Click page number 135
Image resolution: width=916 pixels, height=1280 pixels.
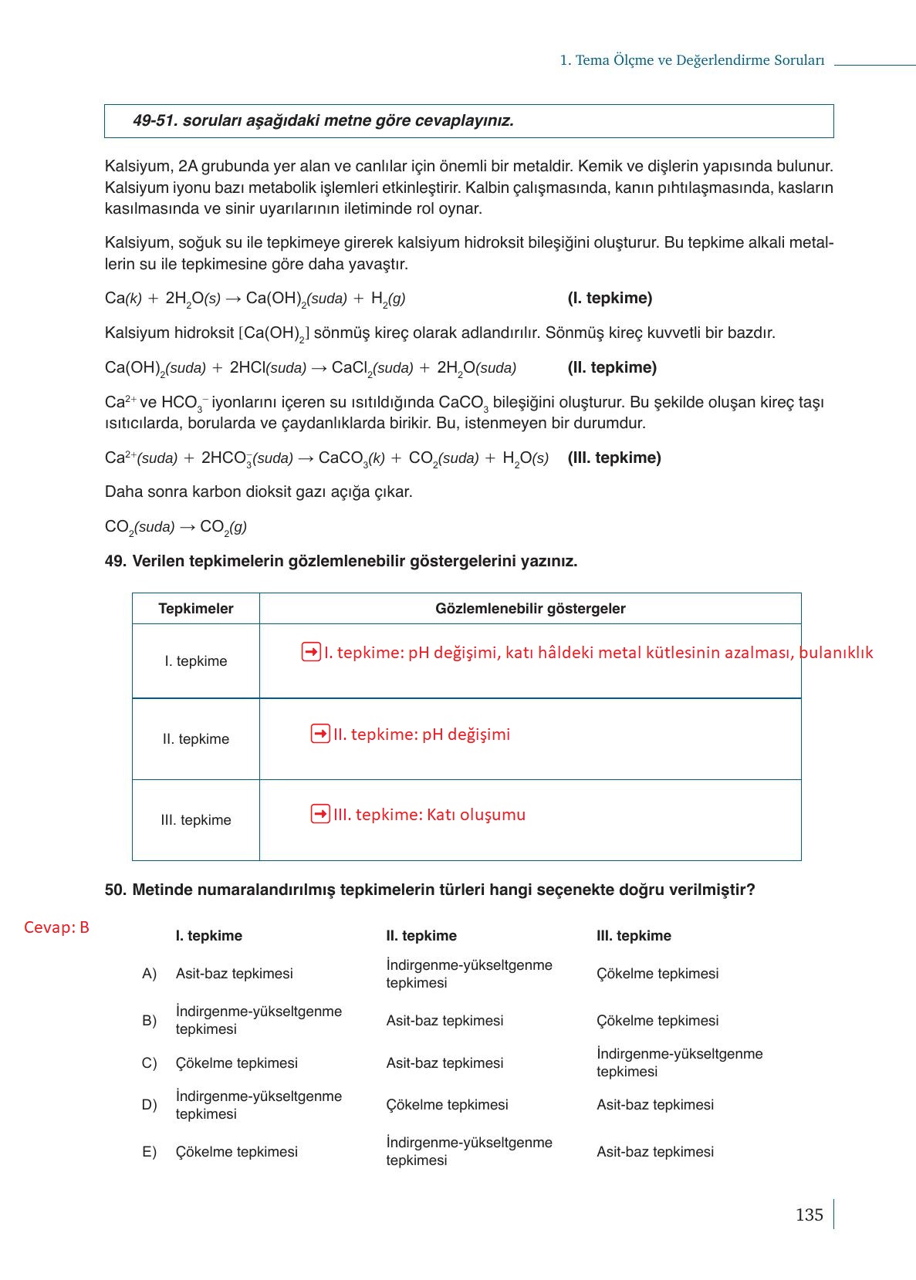coord(809,1215)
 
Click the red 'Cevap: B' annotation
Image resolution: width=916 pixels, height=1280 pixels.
coord(56,927)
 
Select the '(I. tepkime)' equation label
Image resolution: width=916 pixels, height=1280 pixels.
coord(610,298)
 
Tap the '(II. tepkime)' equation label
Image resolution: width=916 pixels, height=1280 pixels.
coord(612,367)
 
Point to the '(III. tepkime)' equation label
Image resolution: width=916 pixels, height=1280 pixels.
coord(614,458)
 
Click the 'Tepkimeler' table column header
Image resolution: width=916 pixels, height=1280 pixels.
coord(196,609)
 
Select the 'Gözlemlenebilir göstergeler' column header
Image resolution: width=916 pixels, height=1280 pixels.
coord(530,609)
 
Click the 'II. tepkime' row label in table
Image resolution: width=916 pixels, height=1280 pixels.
coord(196,739)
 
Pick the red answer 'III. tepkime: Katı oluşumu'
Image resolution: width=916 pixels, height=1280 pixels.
coord(429,815)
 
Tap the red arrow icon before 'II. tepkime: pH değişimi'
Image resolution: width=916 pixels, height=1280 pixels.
coord(320,734)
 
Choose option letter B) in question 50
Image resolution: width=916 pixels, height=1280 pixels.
coord(149,1021)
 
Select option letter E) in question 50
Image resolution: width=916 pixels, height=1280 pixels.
coord(149,1152)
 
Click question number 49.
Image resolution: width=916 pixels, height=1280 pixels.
coord(115,562)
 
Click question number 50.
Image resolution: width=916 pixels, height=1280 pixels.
coord(115,890)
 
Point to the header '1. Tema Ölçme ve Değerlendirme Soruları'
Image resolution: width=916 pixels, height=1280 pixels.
coord(692,60)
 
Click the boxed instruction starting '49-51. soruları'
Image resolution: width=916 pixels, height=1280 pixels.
coord(323,121)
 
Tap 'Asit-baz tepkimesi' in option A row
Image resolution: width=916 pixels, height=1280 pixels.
coord(235,974)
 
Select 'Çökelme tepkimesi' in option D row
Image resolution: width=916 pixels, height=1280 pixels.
coord(447,1105)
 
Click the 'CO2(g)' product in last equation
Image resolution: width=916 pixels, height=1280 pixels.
coord(223,528)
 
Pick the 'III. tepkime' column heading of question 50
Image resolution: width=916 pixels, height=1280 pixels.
coord(634,936)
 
